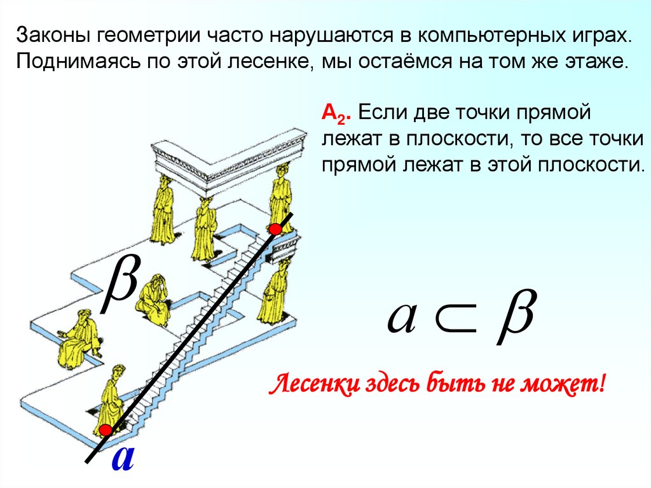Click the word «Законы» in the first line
pos(50,36)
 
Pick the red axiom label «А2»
pos(334,114)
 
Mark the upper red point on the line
pos(275,228)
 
